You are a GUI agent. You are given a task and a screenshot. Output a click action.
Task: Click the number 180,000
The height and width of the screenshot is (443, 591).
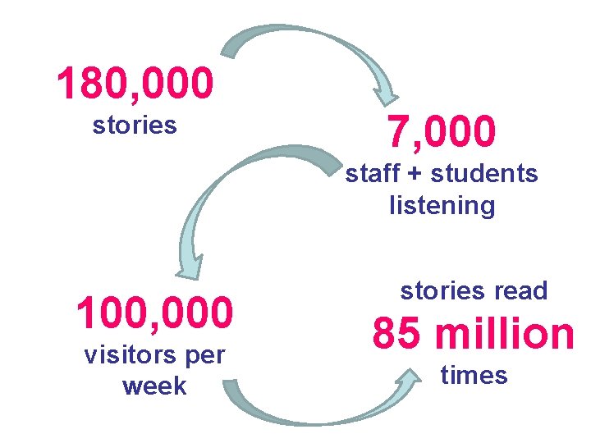click(x=135, y=84)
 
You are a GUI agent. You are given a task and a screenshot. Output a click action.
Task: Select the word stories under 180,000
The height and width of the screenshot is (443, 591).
click(x=135, y=126)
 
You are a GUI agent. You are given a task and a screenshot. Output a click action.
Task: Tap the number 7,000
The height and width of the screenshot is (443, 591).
click(x=442, y=131)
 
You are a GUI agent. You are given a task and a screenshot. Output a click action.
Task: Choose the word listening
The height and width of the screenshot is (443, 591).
click(x=442, y=205)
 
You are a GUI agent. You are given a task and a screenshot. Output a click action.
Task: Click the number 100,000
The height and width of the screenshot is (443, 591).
click(x=154, y=313)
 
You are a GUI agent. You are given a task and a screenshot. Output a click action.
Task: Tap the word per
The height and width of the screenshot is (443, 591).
click(x=207, y=357)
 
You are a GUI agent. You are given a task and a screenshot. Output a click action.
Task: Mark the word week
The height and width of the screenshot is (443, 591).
click(x=154, y=386)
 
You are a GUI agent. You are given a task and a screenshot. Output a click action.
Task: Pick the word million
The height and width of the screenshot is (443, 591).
click(x=504, y=334)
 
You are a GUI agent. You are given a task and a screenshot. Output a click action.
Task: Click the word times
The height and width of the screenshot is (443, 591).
click(x=474, y=376)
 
